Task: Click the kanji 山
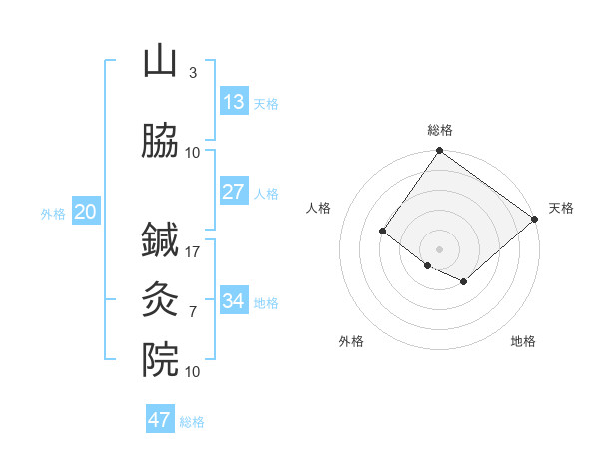click(x=160, y=62)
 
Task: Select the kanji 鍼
click(x=160, y=240)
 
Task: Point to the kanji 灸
click(x=160, y=299)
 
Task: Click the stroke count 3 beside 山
click(x=193, y=73)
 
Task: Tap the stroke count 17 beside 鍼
click(x=193, y=251)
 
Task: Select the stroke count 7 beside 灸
click(x=193, y=311)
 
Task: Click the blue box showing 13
click(x=233, y=102)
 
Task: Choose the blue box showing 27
click(x=233, y=192)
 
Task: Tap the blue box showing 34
click(x=233, y=301)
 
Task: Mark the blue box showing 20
click(x=86, y=212)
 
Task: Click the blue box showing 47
click(x=159, y=420)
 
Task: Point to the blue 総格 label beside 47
click(x=192, y=422)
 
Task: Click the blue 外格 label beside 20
click(x=53, y=213)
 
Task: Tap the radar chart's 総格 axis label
click(x=440, y=130)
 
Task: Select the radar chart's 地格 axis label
click(x=523, y=341)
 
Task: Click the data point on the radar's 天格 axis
click(x=535, y=220)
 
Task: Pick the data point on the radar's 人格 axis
click(x=382, y=232)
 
